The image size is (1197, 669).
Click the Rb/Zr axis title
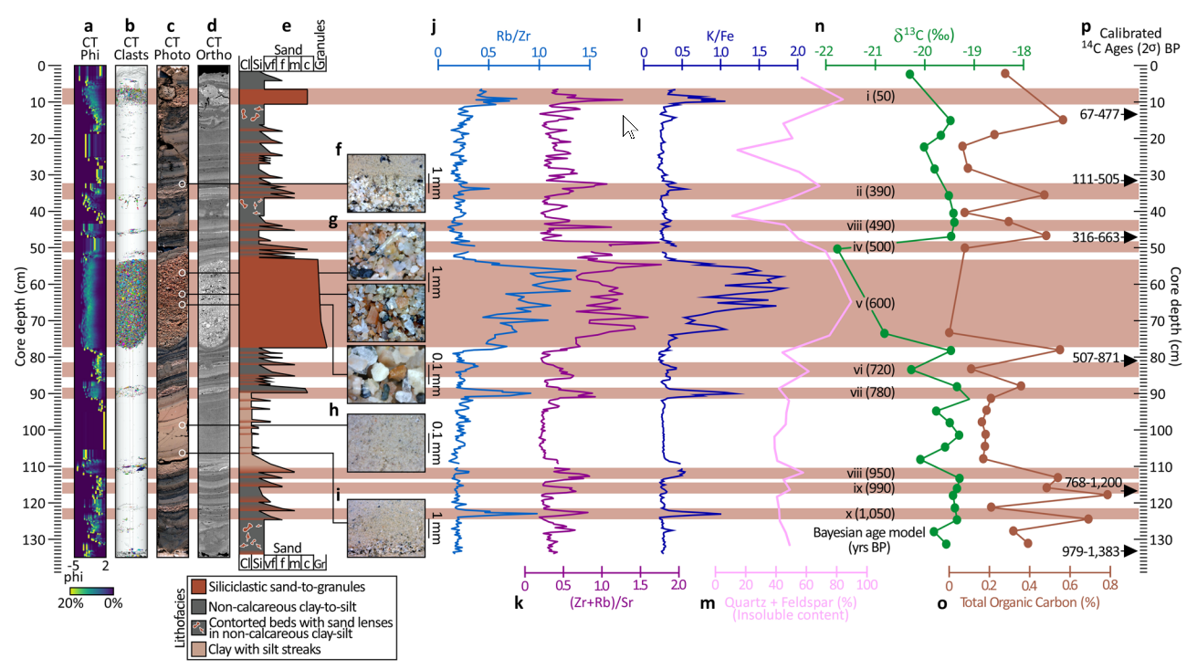click(x=513, y=37)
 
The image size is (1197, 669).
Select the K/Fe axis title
click(x=719, y=37)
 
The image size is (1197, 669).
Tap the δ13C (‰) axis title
click(x=924, y=36)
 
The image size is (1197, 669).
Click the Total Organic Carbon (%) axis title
click(x=1030, y=602)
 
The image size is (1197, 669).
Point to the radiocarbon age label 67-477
click(x=1099, y=114)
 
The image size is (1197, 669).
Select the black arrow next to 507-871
click(x=1130, y=361)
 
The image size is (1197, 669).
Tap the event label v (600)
click(x=875, y=303)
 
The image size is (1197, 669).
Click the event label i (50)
click(x=881, y=96)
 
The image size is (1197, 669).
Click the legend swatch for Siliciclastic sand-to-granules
click(x=198, y=587)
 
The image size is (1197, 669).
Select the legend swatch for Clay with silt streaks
click(x=198, y=649)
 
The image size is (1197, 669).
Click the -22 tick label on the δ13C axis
click(x=824, y=52)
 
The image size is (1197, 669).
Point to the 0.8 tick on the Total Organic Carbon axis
click(x=1110, y=585)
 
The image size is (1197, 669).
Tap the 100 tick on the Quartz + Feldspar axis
click(x=866, y=584)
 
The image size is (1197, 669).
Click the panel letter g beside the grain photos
click(x=333, y=220)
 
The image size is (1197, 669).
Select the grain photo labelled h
click(x=386, y=443)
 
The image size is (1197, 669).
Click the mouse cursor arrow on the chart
click(x=629, y=127)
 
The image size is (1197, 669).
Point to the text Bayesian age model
click(x=869, y=533)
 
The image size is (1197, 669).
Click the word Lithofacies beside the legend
click(x=180, y=618)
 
